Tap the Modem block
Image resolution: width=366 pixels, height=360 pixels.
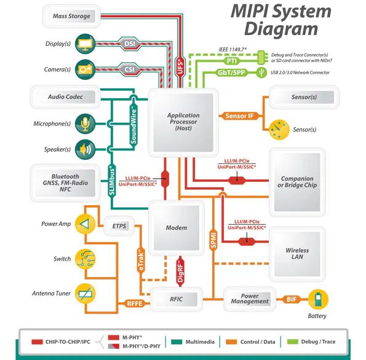pos(177,227)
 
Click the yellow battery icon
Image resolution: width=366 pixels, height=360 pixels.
pos(318,300)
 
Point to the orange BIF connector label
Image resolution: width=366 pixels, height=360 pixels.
pos(293,300)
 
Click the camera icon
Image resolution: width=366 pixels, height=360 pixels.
pos(84,70)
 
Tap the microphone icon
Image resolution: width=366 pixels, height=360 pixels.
pos(84,124)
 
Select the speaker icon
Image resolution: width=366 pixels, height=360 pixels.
pos(84,149)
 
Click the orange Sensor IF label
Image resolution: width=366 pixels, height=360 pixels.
pos(239,115)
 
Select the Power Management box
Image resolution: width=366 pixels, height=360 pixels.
pos(250,299)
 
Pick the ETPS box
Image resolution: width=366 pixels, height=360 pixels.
pos(119,226)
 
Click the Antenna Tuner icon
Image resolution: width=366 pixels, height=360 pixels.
pos(85,294)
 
